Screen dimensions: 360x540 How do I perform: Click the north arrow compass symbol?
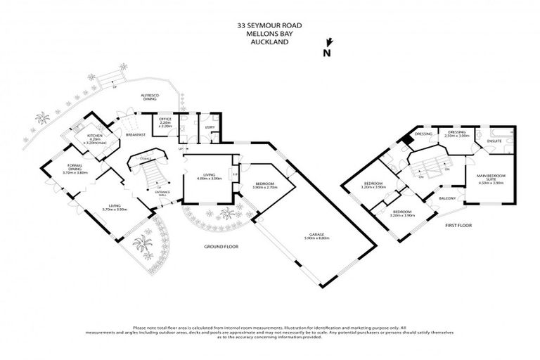click(326, 51)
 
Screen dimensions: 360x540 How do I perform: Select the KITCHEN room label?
click(95, 134)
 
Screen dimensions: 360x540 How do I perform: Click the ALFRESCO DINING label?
click(149, 97)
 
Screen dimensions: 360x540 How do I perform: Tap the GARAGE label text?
click(323, 235)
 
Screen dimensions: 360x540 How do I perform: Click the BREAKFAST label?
click(135, 134)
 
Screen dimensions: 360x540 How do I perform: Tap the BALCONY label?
click(449, 198)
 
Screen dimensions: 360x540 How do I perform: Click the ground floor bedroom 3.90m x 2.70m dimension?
click(263, 188)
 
